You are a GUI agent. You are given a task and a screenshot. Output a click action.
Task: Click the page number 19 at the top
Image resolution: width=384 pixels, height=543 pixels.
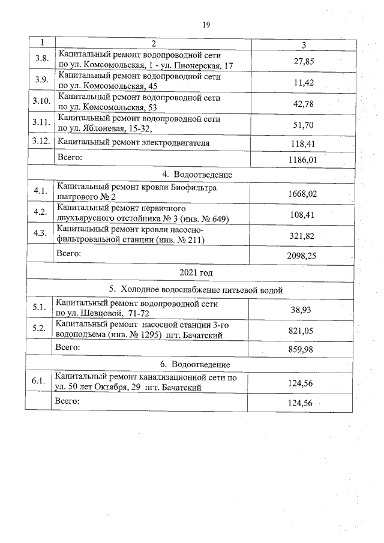206,25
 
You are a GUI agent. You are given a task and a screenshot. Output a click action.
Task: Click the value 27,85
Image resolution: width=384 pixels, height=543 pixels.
304,61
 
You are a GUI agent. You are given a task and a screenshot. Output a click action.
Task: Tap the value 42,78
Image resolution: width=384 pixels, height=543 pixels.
304,103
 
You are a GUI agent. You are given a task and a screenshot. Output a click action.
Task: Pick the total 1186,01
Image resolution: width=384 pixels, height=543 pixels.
302,160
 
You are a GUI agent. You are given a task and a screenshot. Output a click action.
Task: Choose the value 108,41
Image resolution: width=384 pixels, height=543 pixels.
302,213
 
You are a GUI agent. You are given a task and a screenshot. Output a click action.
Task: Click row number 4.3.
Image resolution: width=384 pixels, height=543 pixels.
40,233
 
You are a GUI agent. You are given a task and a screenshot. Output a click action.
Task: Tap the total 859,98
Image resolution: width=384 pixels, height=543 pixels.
302,349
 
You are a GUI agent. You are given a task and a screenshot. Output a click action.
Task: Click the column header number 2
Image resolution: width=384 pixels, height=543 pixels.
154,43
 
